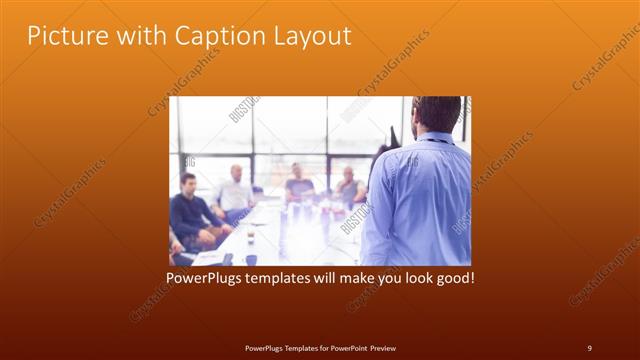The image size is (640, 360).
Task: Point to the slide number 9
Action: (589, 347)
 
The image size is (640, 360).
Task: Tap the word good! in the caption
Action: (453, 276)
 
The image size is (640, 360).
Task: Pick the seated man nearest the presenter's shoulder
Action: (349, 186)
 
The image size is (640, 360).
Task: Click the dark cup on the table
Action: (251, 259)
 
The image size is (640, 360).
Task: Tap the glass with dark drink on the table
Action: (250, 236)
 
